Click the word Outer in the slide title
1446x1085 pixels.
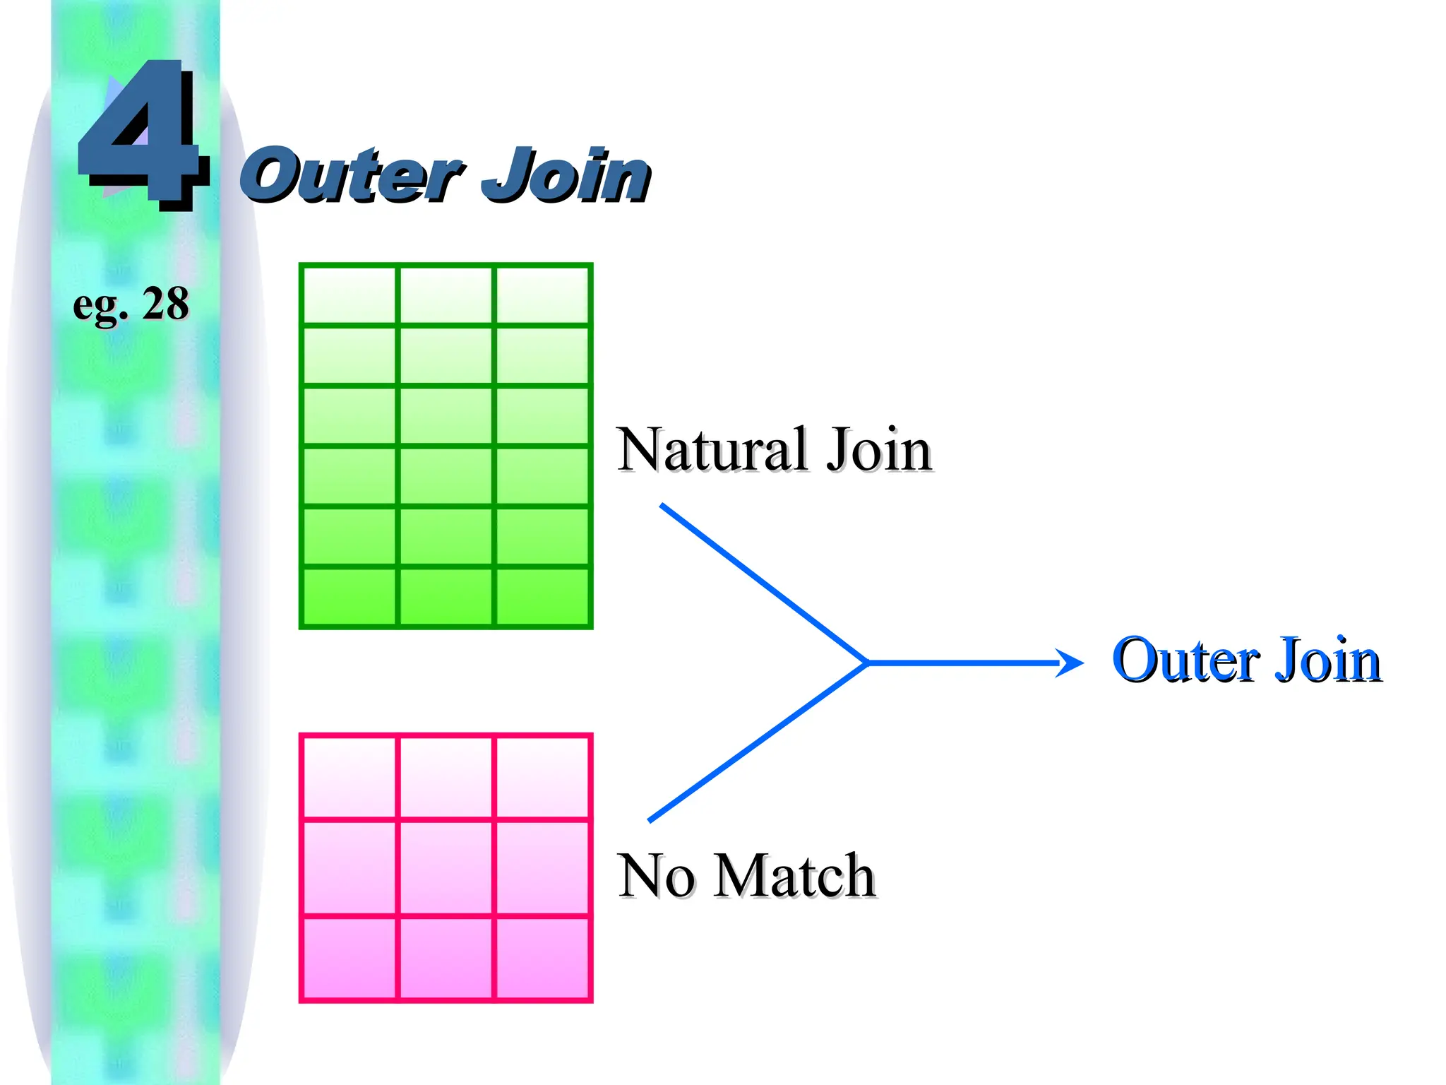coord(351,175)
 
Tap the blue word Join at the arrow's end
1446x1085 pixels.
coord(1327,660)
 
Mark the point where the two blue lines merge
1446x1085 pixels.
coord(867,663)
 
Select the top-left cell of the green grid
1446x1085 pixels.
coord(349,295)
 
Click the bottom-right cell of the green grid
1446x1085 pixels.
coord(542,596)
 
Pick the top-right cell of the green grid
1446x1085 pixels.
coord(542,295)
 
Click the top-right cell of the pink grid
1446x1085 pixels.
coord(542,777)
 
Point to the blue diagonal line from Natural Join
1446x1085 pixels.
coord(763,583)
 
